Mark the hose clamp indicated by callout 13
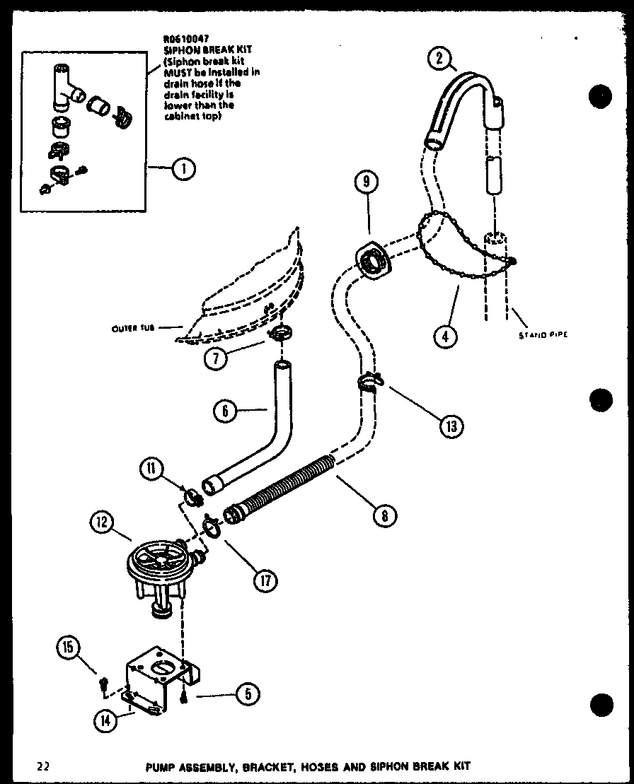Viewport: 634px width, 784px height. click(369, 382)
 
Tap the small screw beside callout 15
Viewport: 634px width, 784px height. click(104, 684)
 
